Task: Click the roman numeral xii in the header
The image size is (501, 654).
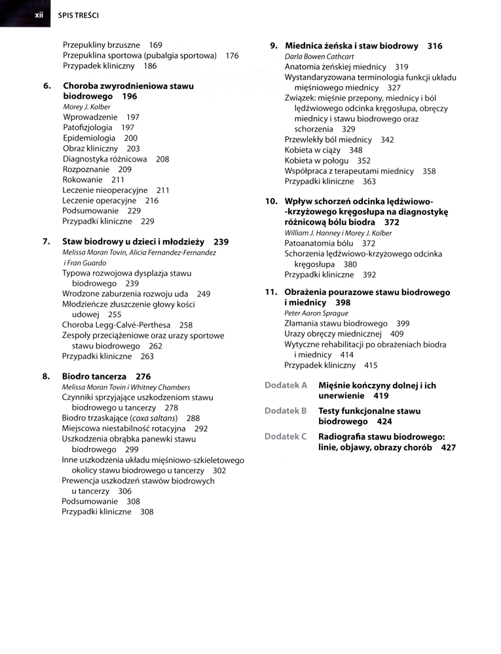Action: pyautogui.click(x=38, y=14)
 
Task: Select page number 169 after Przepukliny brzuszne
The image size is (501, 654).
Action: pyautogui.click(x=155, y=45)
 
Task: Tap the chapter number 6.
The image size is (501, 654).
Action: pyautogui.click(x=46, y=86)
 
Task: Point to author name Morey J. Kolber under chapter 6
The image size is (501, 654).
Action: pyautogui.click(x=86, y=107)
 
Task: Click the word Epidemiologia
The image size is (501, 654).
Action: pyautogui.click(x=89, y=138)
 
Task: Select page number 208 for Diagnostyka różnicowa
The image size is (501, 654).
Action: pyautogui.click(x=162, y=159)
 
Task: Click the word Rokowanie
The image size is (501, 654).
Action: pyautogui.click(x=83, y=180)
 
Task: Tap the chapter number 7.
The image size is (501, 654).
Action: pyautogui.click(x=46, y=241)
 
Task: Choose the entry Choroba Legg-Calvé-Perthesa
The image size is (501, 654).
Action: pyautogui.click(x=117, y=325)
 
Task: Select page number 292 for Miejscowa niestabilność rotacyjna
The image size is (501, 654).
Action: pyautogui.click(x=201, y=428)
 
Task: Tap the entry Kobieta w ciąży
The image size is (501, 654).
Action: pyautogui.click(x=312, y=150)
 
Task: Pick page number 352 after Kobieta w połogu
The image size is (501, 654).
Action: pyautogui.click(x=363, y=160)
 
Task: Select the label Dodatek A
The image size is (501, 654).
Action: pyautogui.click(x=286, y=385)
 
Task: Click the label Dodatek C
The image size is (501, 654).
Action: pyautogui.click(x=286, y=436)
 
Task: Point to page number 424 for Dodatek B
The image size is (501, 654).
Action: pyautogui.click(x=384, y=422)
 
